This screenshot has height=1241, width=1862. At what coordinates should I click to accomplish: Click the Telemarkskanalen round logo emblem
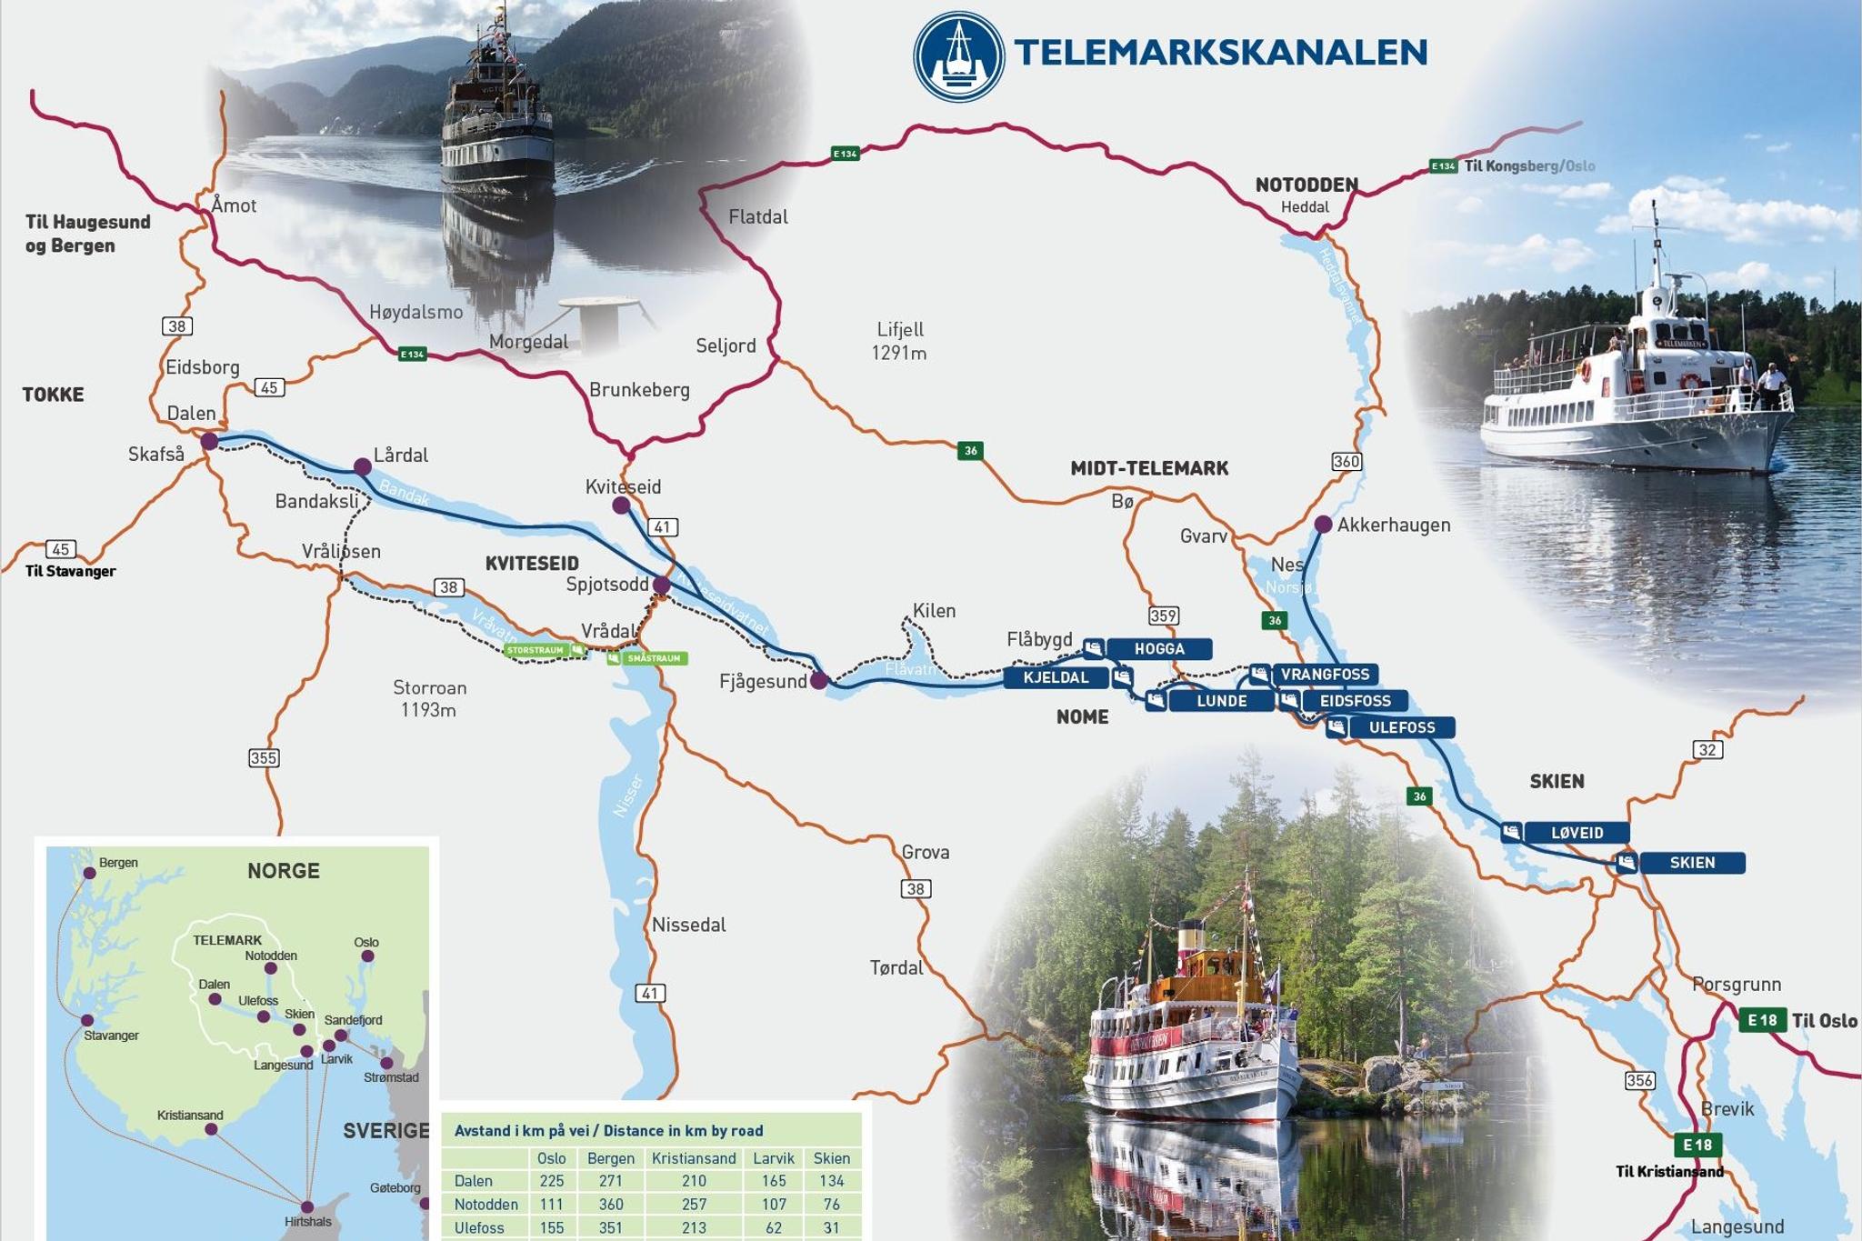pos(959,55)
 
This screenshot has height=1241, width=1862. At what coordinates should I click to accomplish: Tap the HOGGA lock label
pos(1159,649)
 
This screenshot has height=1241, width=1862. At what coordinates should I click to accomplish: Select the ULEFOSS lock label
pos(1402,727)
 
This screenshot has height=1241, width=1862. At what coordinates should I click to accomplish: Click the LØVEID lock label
pos(1577,833)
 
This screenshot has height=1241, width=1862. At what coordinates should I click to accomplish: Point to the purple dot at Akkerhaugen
pos(1323,525)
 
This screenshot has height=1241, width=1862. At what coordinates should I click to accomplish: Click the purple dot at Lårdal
pos(362,467)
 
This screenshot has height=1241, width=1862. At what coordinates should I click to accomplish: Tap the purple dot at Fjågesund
pos(819,680)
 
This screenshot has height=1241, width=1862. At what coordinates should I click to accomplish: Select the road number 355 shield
pos(264,757)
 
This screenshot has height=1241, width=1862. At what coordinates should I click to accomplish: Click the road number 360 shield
pos(1346,462)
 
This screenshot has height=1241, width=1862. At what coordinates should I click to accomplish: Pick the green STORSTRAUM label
pos(536,651)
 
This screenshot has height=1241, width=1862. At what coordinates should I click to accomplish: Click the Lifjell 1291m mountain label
pos(899,341)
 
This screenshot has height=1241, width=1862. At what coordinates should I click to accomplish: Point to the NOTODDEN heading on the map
pos(1306,185)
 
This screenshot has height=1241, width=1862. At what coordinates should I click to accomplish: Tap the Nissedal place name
pos(689,926)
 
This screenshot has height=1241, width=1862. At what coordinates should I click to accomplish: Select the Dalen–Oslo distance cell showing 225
pos(552,1181)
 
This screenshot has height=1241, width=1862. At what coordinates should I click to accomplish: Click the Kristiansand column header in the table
pos(694,1158)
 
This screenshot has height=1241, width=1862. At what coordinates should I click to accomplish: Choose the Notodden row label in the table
pos(486,1205)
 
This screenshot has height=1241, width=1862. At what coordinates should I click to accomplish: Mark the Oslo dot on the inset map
pos(368,956)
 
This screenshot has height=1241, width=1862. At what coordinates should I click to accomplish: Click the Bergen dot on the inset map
pos(89,873)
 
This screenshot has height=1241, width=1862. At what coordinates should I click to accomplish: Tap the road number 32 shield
pos(1707,750)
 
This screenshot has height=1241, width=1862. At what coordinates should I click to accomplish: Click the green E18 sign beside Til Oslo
pos(1762,1020)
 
